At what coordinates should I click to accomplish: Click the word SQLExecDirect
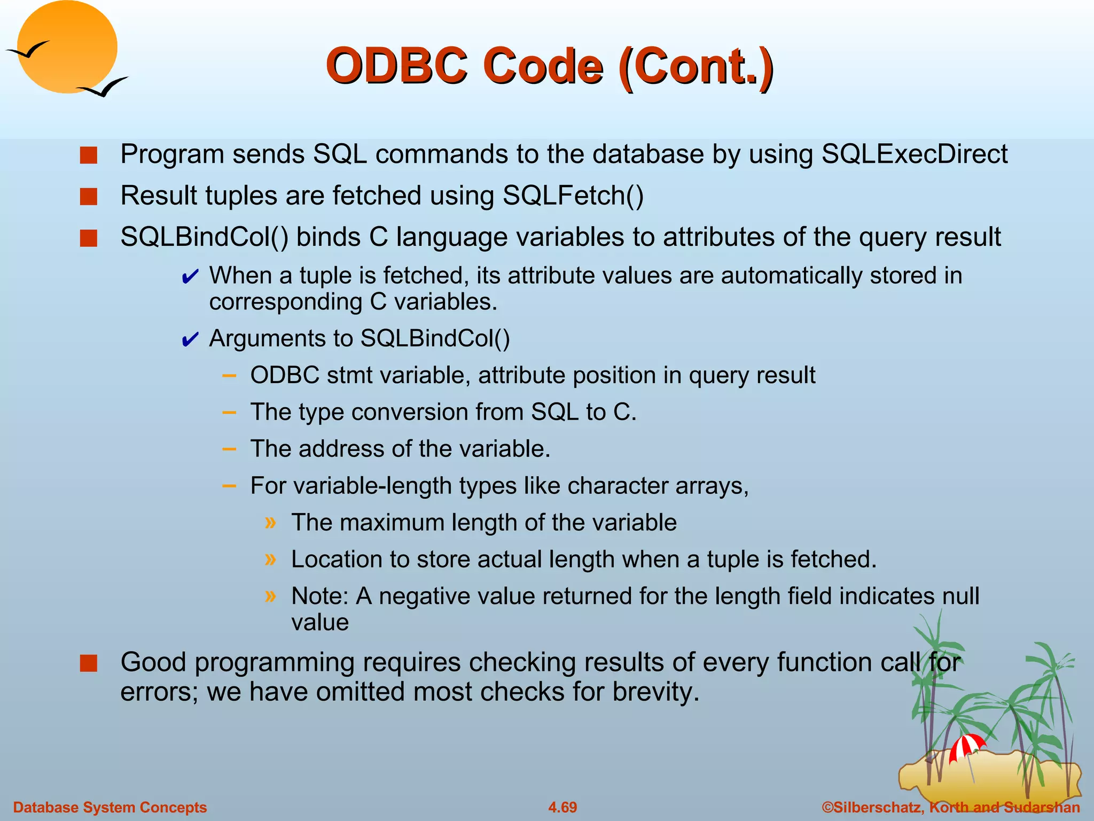(x=914, y=154)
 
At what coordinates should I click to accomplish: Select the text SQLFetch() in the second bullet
(x=573, y=195)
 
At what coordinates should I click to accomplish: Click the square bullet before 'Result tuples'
(x=89, y=196)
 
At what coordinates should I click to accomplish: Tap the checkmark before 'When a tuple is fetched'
(x=190, y=277)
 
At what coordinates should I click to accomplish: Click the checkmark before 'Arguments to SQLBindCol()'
(x=190, y=340)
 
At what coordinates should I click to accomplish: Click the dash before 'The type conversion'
(x=229, y=413)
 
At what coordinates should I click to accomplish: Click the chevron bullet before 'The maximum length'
(x=271, y=522)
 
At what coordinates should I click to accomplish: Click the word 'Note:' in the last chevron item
(x=319, y=596)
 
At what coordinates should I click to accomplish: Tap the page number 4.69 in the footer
(x=562, y=807)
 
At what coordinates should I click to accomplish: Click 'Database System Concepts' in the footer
(x=110, y=807)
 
